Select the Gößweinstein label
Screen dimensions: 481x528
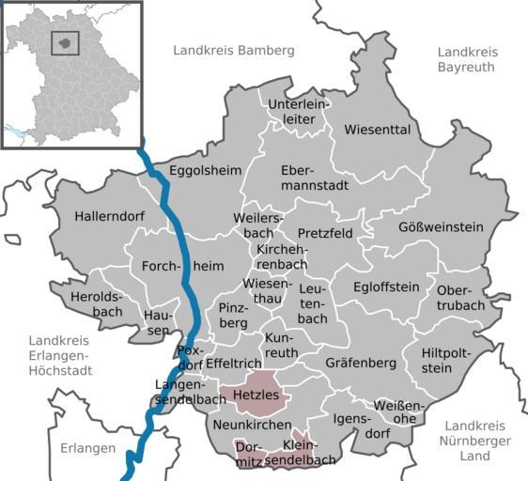(441, 226)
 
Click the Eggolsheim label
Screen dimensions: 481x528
(205, 170)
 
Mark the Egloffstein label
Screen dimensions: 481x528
(386, 287)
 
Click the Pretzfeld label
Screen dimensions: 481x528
(325, 232)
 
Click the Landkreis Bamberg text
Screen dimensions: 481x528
(234, 49)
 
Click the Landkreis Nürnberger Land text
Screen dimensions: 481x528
(475, 440)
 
